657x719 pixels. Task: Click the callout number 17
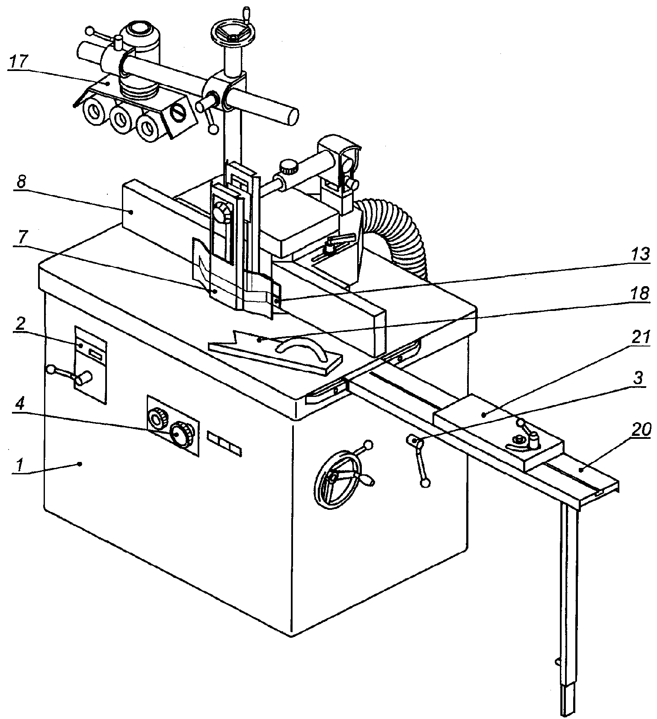(x=18, y=61)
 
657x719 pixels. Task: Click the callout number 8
(x=21, y=182)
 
